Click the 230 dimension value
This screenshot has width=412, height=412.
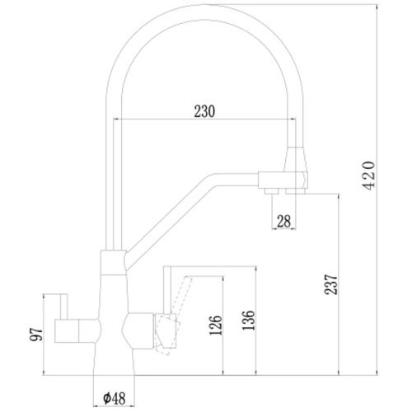click(x=204, y=111)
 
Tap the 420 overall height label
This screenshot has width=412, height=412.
click(x=368, y=176)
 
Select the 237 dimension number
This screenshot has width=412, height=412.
click(x=330, y=284)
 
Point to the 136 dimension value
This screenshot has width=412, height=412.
click(x=249, y=321)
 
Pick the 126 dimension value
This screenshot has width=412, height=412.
click(x=215, y=325)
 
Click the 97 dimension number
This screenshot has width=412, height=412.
click(x=36, y=335)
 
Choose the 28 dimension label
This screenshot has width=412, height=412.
click(x=283, y=222)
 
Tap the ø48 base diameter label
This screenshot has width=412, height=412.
click(x=115, y=398)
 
